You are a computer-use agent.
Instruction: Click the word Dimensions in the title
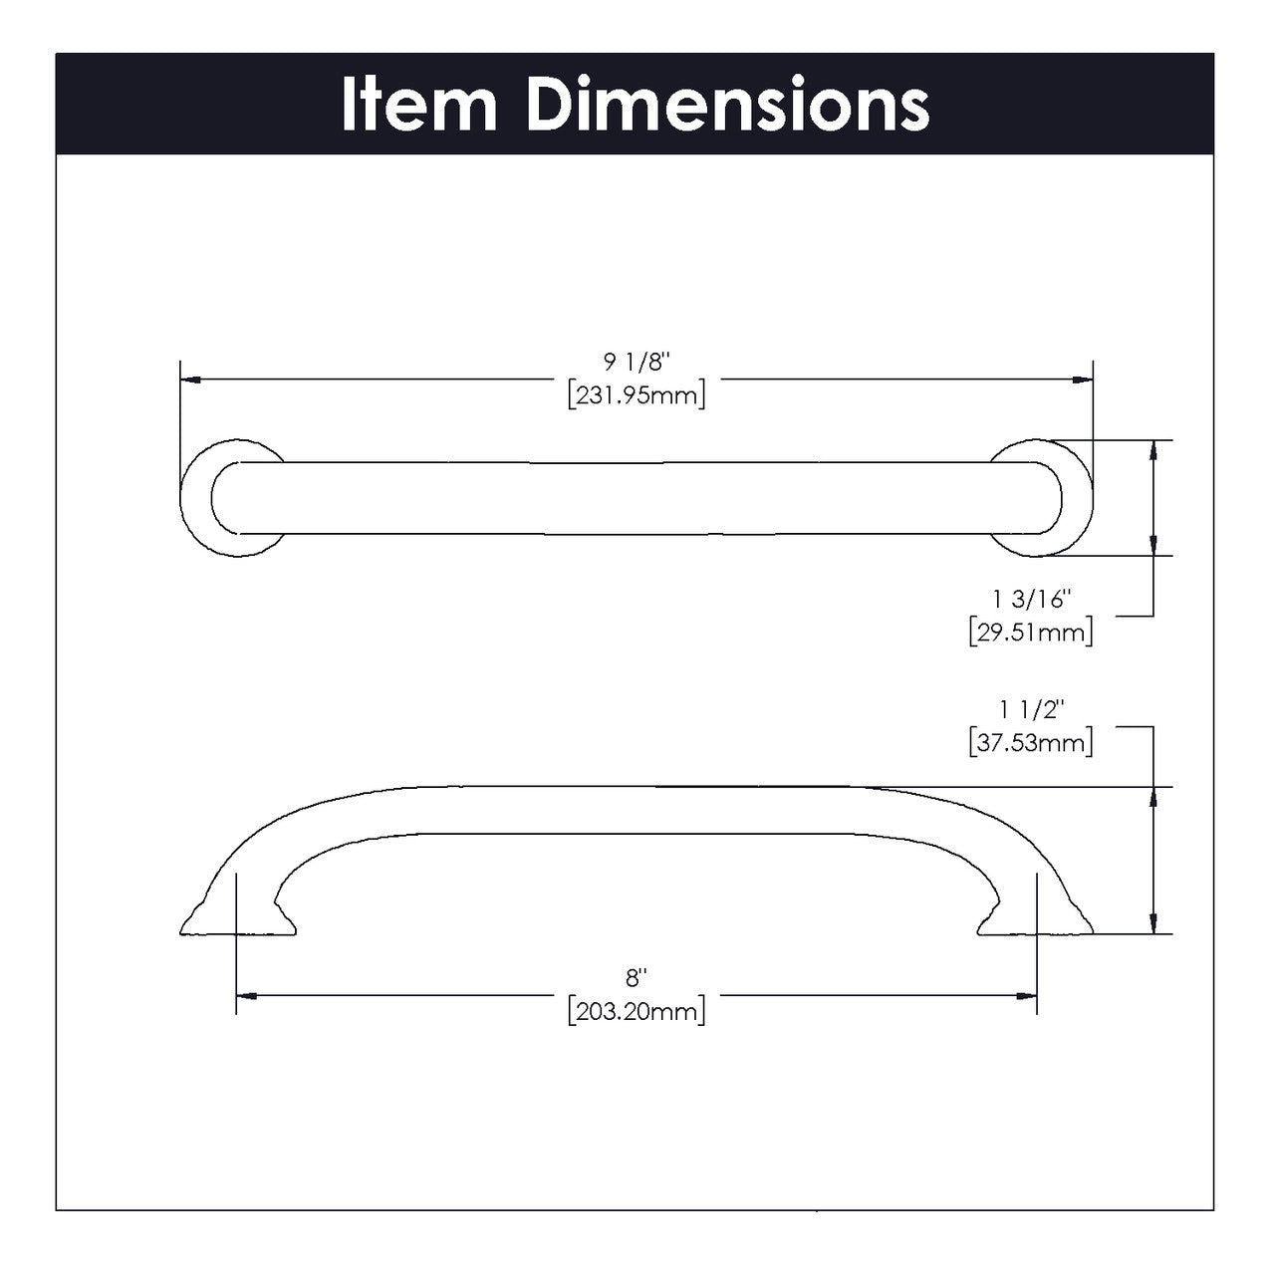[x=728, y=105]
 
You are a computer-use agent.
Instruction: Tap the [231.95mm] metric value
[x=637, y=395]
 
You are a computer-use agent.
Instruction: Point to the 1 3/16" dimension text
[x=1030, y=600]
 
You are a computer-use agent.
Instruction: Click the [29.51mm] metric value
[x=1030, y=632]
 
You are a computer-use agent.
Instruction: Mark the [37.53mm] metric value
[x=1030, y=742]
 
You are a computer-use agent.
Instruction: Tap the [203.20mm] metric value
[x=637, y=1012]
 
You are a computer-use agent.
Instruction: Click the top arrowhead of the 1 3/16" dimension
[x=1152, y=449]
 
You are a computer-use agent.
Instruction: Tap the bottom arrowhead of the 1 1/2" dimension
[x=1152, y=923]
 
